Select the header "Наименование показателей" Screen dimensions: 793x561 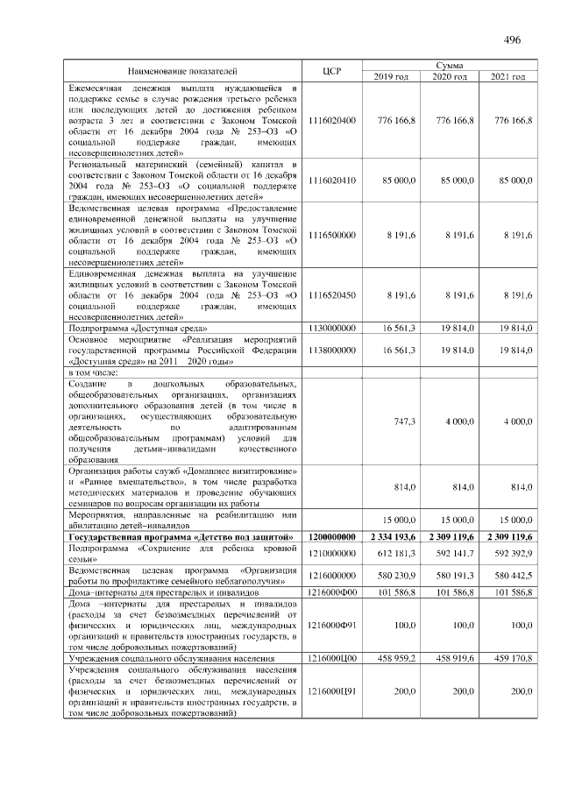coord(182,70)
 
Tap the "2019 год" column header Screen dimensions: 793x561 coord(391,77)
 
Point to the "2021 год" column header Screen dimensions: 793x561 coord(508,77)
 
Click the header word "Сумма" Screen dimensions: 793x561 coord(449,65)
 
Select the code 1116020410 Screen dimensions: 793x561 coord(332,180)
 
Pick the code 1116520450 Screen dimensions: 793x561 coord(332,295)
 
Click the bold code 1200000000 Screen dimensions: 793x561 coord(332,535)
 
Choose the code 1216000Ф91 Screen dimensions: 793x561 coord(332,626)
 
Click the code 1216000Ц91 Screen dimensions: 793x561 coord(332,691)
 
